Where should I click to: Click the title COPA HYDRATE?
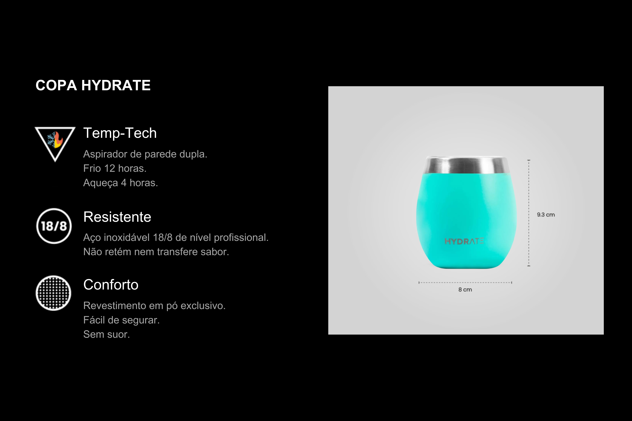point(93,85)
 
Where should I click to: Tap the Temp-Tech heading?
point(120,133)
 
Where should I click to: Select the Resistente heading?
point(117,217)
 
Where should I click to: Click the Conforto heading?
point(111,285)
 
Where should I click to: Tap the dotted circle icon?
point(53,293)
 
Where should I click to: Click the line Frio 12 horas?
point(115,168)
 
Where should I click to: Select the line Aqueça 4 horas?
point(121,183)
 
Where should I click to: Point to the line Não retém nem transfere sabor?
point(156,252)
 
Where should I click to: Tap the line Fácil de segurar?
point(121,320)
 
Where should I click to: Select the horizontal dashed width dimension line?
point(465,283)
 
